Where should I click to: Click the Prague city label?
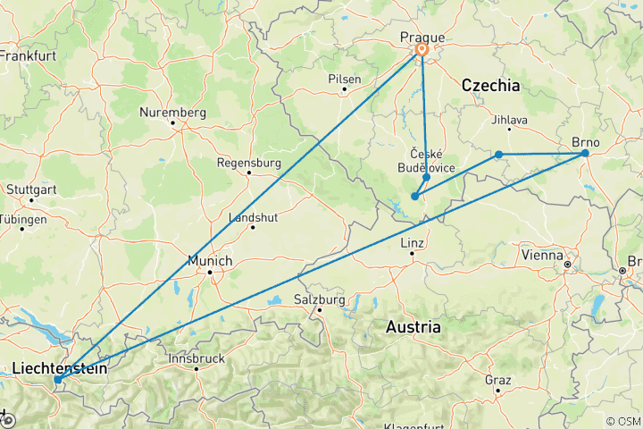click(x=422, y=37)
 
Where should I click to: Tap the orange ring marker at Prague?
click(x=422, y=51)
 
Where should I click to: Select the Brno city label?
click(x=586, y=140)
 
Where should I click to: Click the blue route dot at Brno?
click(x=585, y=154)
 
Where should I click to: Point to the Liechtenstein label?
click(x=60, y=367)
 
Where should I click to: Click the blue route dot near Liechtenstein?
click(x=57, y=380)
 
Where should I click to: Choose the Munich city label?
click(x=211, y=260)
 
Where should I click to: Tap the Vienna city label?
click(x=542, y=255)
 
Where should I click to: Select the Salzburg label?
click(x=319, y=299)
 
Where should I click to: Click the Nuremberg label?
click(x=173, y=113)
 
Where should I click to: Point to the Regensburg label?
click(x=250, y=164)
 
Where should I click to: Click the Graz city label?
click(x=497, y=379)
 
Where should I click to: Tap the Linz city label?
click(x=412, y=243)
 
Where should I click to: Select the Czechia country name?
click(x=490, y=85)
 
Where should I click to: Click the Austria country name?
click(x=413, y=327)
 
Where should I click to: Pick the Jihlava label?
click(x=510, y=120)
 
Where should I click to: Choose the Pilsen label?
click(x=345, y=79)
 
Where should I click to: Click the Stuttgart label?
click(x=29, y=189)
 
